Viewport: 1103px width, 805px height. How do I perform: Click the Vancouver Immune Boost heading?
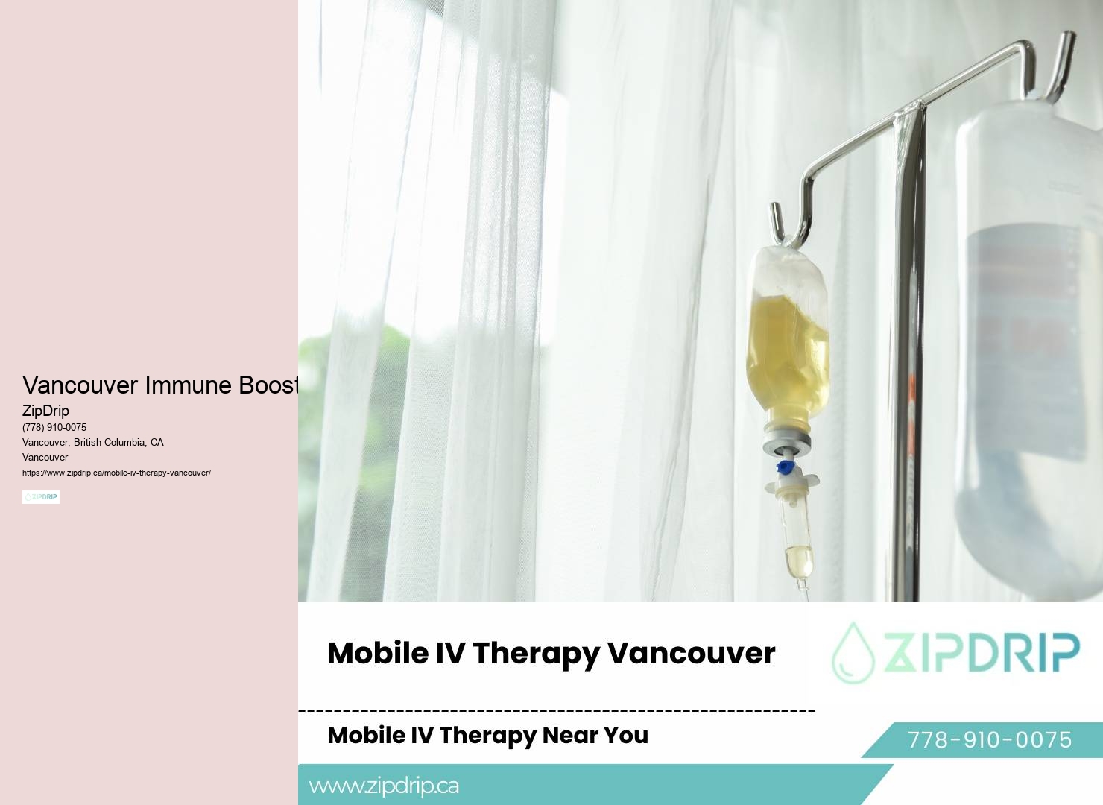(x=160, y=385)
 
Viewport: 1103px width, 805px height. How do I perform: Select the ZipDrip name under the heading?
(x=45, y=411)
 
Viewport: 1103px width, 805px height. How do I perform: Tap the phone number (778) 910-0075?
(x=54, y=428)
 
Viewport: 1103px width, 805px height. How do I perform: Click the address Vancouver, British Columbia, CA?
(x=93, y=443)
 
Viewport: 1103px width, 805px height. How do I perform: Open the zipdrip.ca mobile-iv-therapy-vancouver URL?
(x=116, y=473)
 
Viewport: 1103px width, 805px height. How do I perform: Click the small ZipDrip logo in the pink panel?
(x=41, y=497)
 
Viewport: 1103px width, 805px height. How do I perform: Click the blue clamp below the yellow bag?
(x=785, y=468)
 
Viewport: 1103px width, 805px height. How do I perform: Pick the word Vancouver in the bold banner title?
(x=691, y=654)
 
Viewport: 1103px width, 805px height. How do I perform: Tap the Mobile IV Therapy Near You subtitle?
(x=487, y=735)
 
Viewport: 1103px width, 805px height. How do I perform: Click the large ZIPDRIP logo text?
(x=982, y=652)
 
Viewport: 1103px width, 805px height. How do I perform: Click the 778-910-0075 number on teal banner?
(x=989, y=739)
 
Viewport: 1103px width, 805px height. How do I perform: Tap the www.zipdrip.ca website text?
(x=384, y=786)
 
